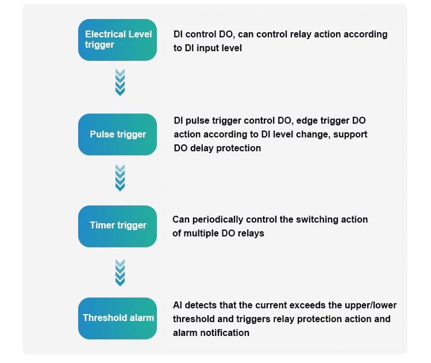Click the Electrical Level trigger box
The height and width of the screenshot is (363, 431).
tap(117, 40)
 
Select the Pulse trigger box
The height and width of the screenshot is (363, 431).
tap(117, 134)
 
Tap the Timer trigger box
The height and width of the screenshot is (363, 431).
tap(117, 226)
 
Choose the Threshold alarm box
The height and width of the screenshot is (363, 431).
tap(117, 319)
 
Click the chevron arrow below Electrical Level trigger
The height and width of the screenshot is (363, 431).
tap(120, 82)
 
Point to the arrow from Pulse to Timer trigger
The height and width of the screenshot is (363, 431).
tap(120, 178)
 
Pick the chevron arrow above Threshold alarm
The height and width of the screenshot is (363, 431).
tap(120, 273)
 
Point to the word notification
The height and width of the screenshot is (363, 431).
tap(225, 333)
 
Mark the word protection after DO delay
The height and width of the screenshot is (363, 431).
tap(238, 148)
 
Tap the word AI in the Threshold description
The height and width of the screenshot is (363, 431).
tap(178, 305)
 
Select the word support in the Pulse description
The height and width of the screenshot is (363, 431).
tap(350, 135)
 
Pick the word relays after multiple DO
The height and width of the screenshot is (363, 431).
tap(251, 234)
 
